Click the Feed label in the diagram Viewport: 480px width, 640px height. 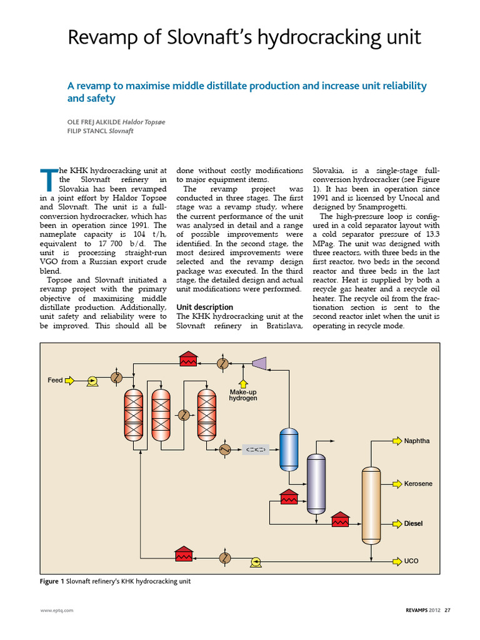coord(55,380)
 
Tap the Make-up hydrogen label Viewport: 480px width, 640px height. coord(243,395)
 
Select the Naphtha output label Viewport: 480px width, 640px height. coord(417,441)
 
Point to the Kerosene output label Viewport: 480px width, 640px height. coord(418,484)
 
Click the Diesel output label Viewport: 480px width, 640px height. coord(413,523)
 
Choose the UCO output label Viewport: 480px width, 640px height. coord(411,561)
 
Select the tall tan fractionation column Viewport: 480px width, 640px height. coord(371,505)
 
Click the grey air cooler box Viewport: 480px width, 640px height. coord(255,449)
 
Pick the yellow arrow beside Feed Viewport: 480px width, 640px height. coord(71,380)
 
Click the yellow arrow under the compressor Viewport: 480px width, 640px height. coord(243,382)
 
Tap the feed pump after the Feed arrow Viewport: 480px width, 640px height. coord(92,380)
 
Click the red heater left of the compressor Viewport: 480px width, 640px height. coord(187,359)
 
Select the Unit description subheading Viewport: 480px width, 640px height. coord(204,307)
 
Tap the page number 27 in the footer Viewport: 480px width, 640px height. coord(447,611)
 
